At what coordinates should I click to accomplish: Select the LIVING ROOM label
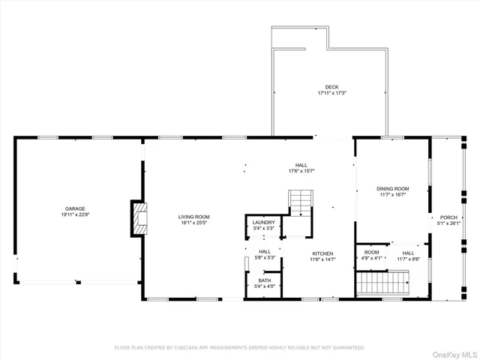(x=193, y=216)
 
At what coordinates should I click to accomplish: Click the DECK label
(x=331, y=87)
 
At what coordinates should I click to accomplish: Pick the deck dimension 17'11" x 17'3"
(x=331, y=94)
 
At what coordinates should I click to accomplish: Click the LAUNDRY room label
(x=263, y=222)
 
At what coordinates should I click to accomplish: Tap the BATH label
(x=263, y=280)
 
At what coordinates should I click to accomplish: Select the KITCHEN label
(x=322, y=253)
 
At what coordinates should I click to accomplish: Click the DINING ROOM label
(x=392, y=188)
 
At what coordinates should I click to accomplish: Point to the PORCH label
(x=448, y=217)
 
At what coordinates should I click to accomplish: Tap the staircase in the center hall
(x=300, y=202)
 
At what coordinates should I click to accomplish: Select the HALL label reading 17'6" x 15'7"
(x=301, y=165)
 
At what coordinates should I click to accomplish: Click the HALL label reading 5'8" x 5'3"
(x=265, y=251)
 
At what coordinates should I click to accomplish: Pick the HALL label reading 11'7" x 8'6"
(x=408, y=253)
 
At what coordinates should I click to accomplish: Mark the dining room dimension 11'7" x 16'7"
(x=392, y=194)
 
